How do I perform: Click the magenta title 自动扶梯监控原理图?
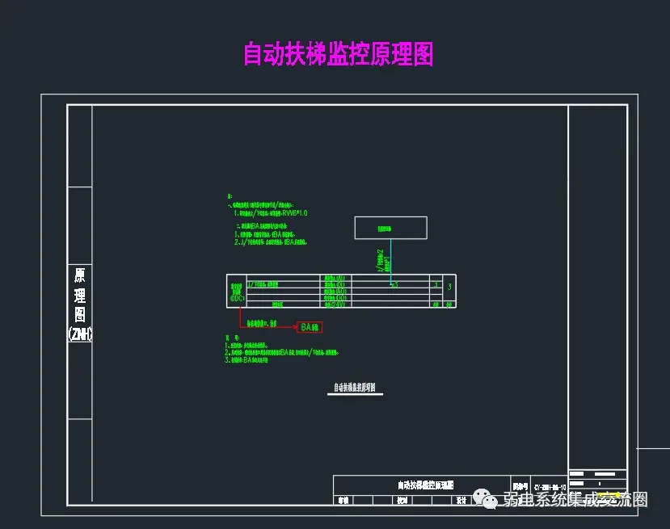338,54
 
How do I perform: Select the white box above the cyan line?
390,229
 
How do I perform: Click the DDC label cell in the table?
237,292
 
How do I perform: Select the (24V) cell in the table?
335,304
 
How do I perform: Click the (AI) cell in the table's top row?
335,279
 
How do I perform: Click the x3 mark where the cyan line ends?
394,284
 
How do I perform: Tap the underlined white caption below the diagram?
356,388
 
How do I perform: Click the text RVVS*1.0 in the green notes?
294,212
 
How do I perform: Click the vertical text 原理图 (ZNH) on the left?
80,304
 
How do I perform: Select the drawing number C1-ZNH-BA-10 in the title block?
549,488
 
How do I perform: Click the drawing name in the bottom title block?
425,485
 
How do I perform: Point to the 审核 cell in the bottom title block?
343,501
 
